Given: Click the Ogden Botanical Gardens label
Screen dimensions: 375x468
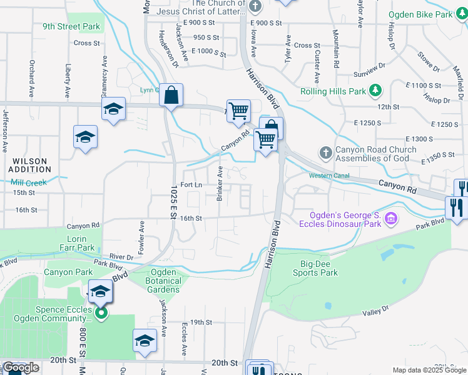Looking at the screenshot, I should point(164,281).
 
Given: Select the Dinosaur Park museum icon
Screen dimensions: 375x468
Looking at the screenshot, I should point(391,218).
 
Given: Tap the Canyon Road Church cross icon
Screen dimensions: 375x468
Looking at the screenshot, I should point(325,152).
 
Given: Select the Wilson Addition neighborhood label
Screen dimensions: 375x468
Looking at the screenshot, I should point(29,165).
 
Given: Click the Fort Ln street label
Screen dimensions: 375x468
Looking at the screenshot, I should point(191,185).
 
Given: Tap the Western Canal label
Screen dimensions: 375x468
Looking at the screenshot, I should point(328,176).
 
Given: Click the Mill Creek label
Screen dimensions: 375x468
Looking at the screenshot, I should point(29,182).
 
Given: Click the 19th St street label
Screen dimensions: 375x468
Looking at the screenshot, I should point(202,322).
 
